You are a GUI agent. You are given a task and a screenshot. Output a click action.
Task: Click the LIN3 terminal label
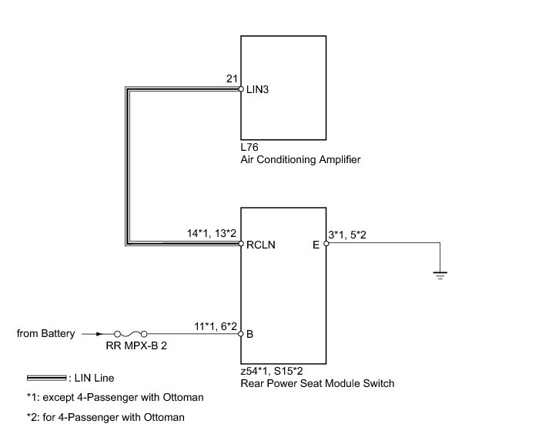point(257,90)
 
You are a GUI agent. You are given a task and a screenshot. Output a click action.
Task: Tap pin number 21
point(231,79)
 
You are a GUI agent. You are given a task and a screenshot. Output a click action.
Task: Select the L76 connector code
point(250,147)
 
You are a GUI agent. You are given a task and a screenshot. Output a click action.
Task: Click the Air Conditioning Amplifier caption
point(300,160)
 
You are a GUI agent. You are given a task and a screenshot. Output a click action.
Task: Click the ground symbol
point(440,273)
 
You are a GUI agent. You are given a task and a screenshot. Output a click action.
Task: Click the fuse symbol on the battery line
point(132,334)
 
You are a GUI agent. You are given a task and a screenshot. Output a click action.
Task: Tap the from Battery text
point(46,334)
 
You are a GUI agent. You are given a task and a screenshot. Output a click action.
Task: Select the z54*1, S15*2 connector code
point(273,371)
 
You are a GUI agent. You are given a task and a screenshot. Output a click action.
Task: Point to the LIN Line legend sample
point(45,378)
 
